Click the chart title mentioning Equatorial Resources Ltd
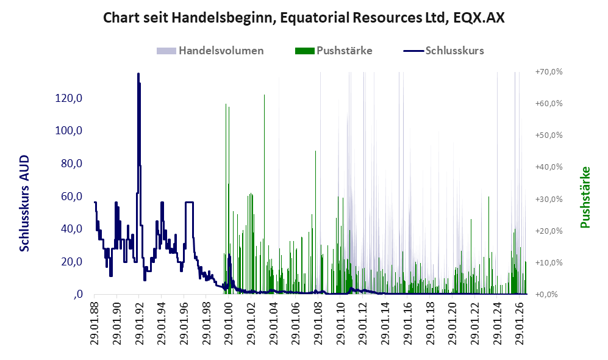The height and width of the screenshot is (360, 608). pyautogui.click(x=304, y=18)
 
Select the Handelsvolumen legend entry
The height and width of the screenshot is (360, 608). pyautogui.click(x=210, y=51)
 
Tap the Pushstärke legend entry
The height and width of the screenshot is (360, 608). pyautogui.click(x=334, y=51)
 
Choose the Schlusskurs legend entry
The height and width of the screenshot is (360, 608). pyautogui.click(x=443, y=51)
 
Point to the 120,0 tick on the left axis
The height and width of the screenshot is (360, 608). pyautogui.click(x=69, y=98)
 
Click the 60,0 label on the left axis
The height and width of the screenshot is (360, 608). pyautogui.click(x=72, y=196)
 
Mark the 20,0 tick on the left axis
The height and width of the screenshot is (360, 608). pyautogui.click(x=72, y=262)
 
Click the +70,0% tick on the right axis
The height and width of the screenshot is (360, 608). pyautogui.click(x=549, y=72)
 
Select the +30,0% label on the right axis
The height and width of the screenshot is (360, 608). pyautogui.click(x=549, y=199)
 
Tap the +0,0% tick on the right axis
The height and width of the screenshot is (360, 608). pyautogui.click(x=547, y=295)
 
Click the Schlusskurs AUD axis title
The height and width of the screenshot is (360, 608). pyautogui.click(x=24, y=203)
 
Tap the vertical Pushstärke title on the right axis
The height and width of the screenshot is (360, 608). pyautogui.click(x=585, y=198)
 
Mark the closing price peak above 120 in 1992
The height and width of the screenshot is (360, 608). pyautogui.click(x=138, y=74)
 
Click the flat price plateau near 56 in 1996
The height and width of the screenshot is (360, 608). pyautogui.click(x=189, y=202)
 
